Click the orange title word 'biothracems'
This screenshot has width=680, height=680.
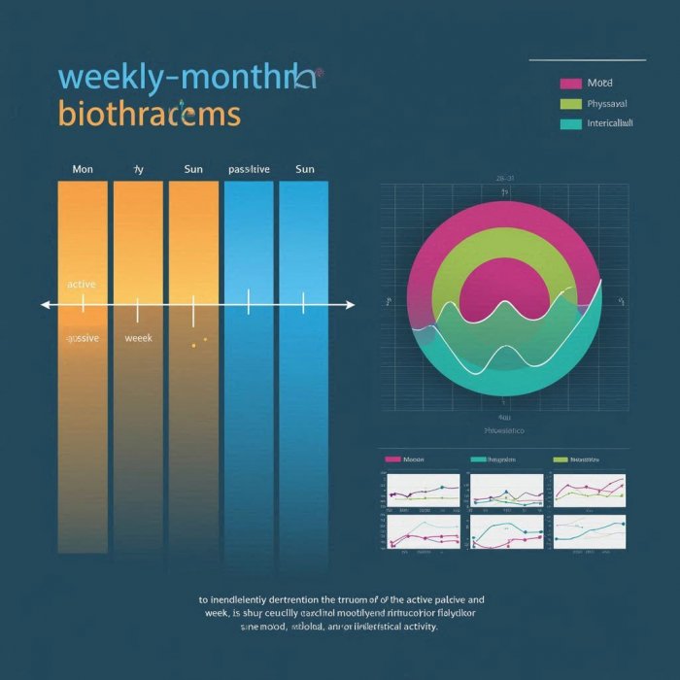[149, 114]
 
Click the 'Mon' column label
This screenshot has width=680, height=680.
[83, 169]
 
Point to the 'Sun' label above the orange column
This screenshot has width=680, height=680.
[193, 169]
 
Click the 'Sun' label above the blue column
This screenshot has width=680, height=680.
[304, 169]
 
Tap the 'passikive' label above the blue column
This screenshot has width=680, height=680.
[249, 169]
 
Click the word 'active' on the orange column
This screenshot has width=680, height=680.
[81, 285]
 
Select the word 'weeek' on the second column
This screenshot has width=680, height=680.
[140, 338]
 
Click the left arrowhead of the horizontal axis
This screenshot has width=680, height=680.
[45, 305]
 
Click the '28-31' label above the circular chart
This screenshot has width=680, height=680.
[504, 179]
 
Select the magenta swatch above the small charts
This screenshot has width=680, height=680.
[392, 459]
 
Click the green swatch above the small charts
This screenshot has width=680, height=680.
[560, 459]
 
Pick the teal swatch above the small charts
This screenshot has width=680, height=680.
[478, 459]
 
